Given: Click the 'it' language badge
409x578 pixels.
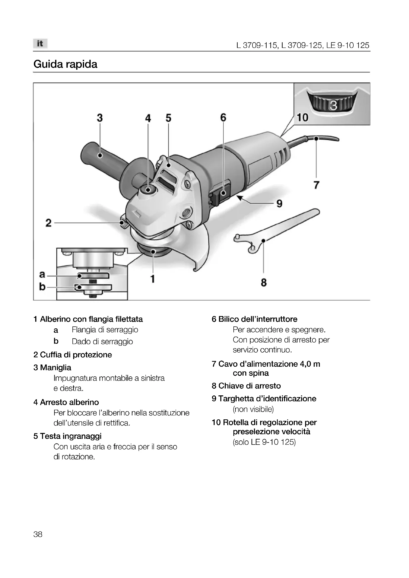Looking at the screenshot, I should tap(40, 43).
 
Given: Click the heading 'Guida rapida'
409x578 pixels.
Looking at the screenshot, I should tap(65, 64).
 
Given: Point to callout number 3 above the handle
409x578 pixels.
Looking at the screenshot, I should tap(100, 118).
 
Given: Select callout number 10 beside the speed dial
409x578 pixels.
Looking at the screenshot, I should tap(302, 118).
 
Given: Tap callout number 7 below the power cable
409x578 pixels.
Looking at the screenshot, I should tap(316, 185).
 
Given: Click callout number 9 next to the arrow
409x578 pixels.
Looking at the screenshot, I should tap(279, 203).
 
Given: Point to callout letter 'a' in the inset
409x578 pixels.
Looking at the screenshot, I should tap(42, 274).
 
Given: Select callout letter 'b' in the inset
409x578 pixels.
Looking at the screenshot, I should tap(42, 286).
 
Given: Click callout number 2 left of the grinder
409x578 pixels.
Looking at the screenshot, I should tap(48, 223).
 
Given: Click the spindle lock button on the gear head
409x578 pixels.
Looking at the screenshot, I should tap(148, 190).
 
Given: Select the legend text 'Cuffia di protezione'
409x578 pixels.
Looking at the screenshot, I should tap(76, 355).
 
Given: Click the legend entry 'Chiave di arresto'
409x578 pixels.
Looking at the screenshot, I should tap(249, 386).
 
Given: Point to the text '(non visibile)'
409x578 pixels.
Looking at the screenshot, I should tap(253, 409).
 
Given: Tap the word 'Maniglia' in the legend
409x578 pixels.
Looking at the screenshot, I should tap(55, 367).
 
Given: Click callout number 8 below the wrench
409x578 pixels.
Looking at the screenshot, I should tap(264, 282).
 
